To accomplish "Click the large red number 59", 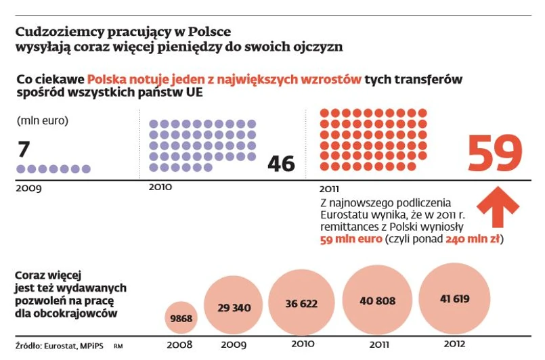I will click(x=495, y=154).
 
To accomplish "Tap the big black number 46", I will click(x=281, y=164).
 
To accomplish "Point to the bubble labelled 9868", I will click(x=181, y=318).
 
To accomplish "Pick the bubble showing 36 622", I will click(x=301, y=303).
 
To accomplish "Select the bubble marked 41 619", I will click(x=454, y=298).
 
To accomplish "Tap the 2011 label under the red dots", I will click(x=331, y=189).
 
